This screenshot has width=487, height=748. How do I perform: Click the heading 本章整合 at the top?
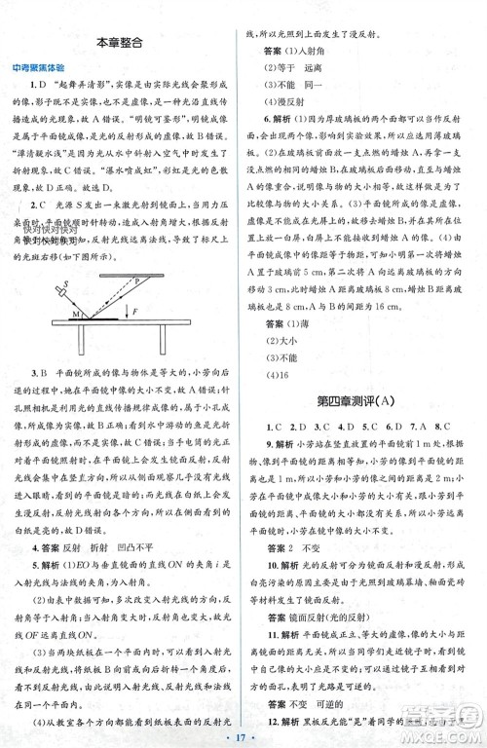coord(126,43)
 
